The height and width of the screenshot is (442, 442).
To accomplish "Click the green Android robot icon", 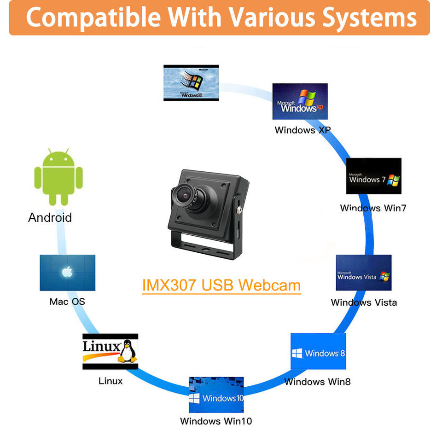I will click(58, 177).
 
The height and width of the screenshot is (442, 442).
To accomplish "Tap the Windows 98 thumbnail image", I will click(191, 83).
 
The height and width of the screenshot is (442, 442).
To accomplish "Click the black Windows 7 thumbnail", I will click(373, 176).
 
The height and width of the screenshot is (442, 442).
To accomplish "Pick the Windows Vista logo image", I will click(363, 273).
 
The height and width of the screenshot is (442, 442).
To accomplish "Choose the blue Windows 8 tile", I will click(318, 351).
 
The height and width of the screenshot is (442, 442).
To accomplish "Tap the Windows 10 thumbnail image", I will click(216, 395).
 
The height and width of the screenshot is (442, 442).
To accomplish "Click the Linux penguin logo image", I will click(110, 351).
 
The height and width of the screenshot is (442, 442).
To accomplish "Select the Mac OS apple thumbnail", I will click(67, 273).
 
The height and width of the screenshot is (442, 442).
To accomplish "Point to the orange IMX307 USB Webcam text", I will click(221, 285).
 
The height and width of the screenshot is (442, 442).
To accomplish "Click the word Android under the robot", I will click(50, 217).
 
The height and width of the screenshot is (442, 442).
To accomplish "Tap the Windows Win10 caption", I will click(216, 421).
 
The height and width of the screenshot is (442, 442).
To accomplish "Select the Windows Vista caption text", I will click(364, 302).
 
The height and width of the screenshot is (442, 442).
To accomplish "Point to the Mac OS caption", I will click(67, 302).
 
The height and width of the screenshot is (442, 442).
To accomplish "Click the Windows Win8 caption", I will click(317, 382).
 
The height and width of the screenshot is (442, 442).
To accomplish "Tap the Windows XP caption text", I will click(302, 130).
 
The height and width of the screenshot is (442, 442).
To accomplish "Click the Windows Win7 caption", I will click(373, 208).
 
